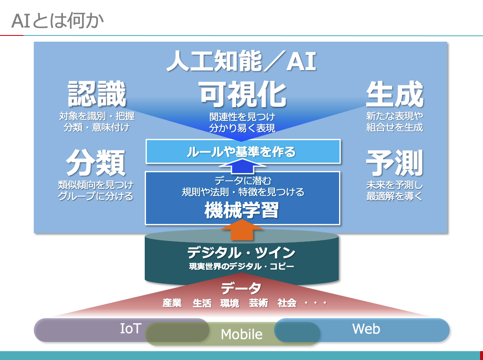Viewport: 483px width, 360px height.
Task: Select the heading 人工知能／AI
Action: (241, 62)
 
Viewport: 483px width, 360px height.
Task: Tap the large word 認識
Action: (97, 94)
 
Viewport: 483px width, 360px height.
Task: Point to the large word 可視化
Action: (242, 94)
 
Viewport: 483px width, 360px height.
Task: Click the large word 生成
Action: (394, 94)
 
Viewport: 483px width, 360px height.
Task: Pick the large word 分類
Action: (96, 163)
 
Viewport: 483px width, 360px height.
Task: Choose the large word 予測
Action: (394, 163)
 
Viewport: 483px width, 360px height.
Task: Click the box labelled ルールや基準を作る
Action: (242, 151)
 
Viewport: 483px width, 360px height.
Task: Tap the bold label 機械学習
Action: (241, 211)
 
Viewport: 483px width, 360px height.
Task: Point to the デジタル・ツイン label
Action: (241, 253)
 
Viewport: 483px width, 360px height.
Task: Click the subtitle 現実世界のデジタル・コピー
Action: (241, 266)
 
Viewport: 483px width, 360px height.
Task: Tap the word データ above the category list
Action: (241, 288)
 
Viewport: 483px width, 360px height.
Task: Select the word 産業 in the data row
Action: (172, 303)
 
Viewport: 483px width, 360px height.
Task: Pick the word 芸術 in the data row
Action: (258, 303)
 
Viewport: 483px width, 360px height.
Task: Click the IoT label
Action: (131, 329)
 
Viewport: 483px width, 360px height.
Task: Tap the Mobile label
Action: (241, 334)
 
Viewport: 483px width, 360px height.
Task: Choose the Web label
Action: (366, 329)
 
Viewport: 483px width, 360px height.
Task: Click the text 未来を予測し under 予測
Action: (394, 185)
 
